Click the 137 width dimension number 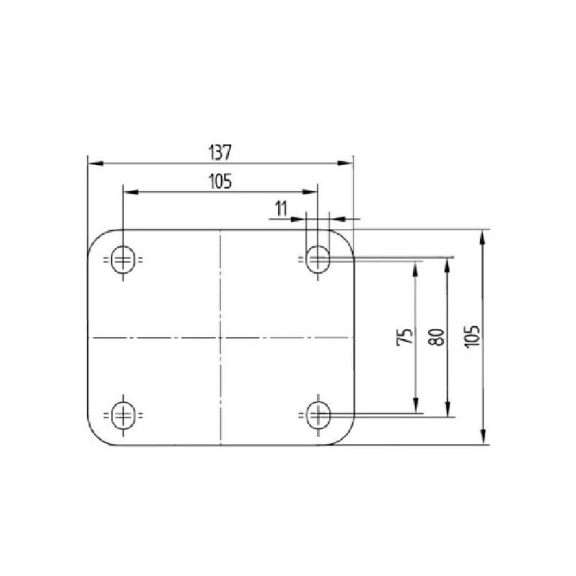tap(220, 153)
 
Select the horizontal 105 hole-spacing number tap(220, 181)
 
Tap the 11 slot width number tap(281, 209)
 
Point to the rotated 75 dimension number tap(405, 336)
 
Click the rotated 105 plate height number tap(472, 336)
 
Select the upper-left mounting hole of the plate tap(123, 260)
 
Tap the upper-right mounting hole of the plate tap(318, 259)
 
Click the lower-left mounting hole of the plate tap(123, 415)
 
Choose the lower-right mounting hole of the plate tap(318, 415)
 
